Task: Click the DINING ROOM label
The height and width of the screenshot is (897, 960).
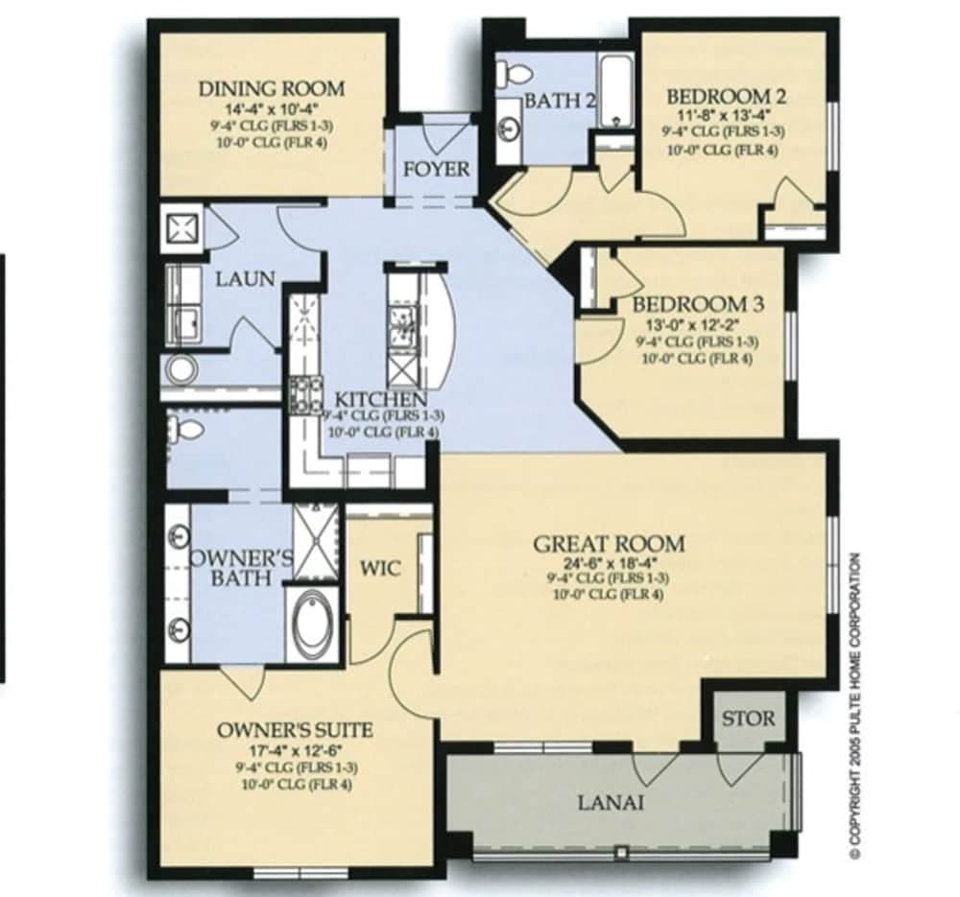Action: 271,89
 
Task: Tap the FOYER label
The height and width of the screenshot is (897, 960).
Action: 436,169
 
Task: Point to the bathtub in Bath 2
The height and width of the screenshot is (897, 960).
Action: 615,90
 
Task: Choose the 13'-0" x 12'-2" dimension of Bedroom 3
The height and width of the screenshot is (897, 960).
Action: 696,323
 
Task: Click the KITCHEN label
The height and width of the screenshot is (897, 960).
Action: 380,399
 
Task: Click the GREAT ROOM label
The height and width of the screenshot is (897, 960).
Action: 610,544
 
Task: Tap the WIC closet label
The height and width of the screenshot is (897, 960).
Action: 380,568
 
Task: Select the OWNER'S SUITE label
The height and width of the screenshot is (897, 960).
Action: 295,730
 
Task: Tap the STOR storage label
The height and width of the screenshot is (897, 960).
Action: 747,718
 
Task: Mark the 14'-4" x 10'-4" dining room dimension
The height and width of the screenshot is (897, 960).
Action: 271,108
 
